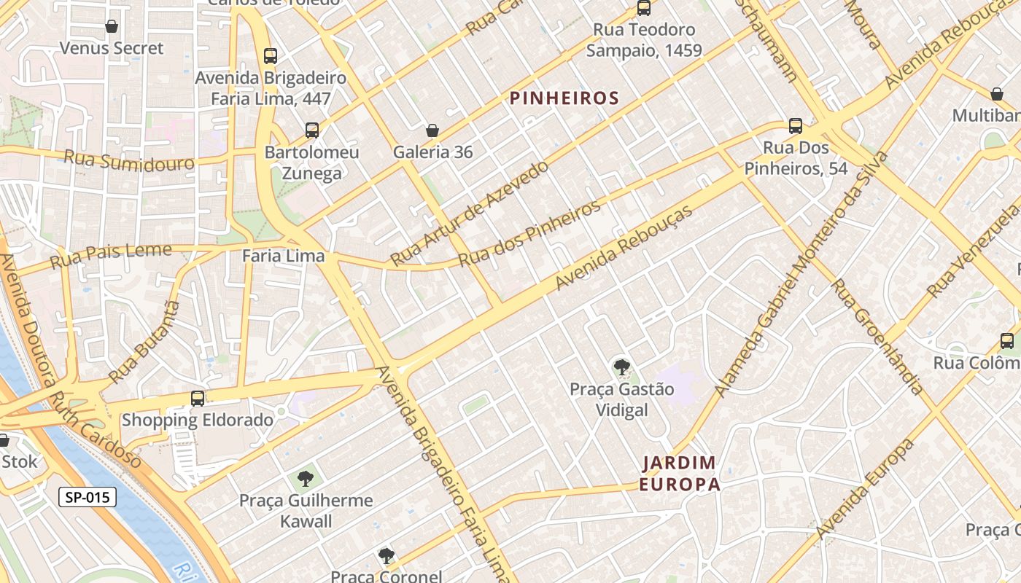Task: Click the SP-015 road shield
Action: tap(87, 497)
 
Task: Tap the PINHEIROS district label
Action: tap(564, 98)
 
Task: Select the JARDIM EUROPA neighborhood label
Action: tap(680, 474)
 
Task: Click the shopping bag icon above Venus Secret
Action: tap(112, 26)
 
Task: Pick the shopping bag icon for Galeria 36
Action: tap(432, 130)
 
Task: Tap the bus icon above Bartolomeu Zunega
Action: tap(312, 130)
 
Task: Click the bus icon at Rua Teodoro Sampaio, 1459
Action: tap(644, 8)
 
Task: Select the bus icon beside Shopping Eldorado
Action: tap(198, 399)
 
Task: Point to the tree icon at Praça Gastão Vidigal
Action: tap(621, 367)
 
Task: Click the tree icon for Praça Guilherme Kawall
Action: tap(306, 479)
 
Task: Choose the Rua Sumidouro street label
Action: tap(129, 160)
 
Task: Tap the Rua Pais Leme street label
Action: tap(111, 255)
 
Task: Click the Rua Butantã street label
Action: tap(144, 341)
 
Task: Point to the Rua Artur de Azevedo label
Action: tap(468, 214)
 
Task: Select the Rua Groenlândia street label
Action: tap(878, 337)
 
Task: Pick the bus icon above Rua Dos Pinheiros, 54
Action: tap(795, 126)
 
